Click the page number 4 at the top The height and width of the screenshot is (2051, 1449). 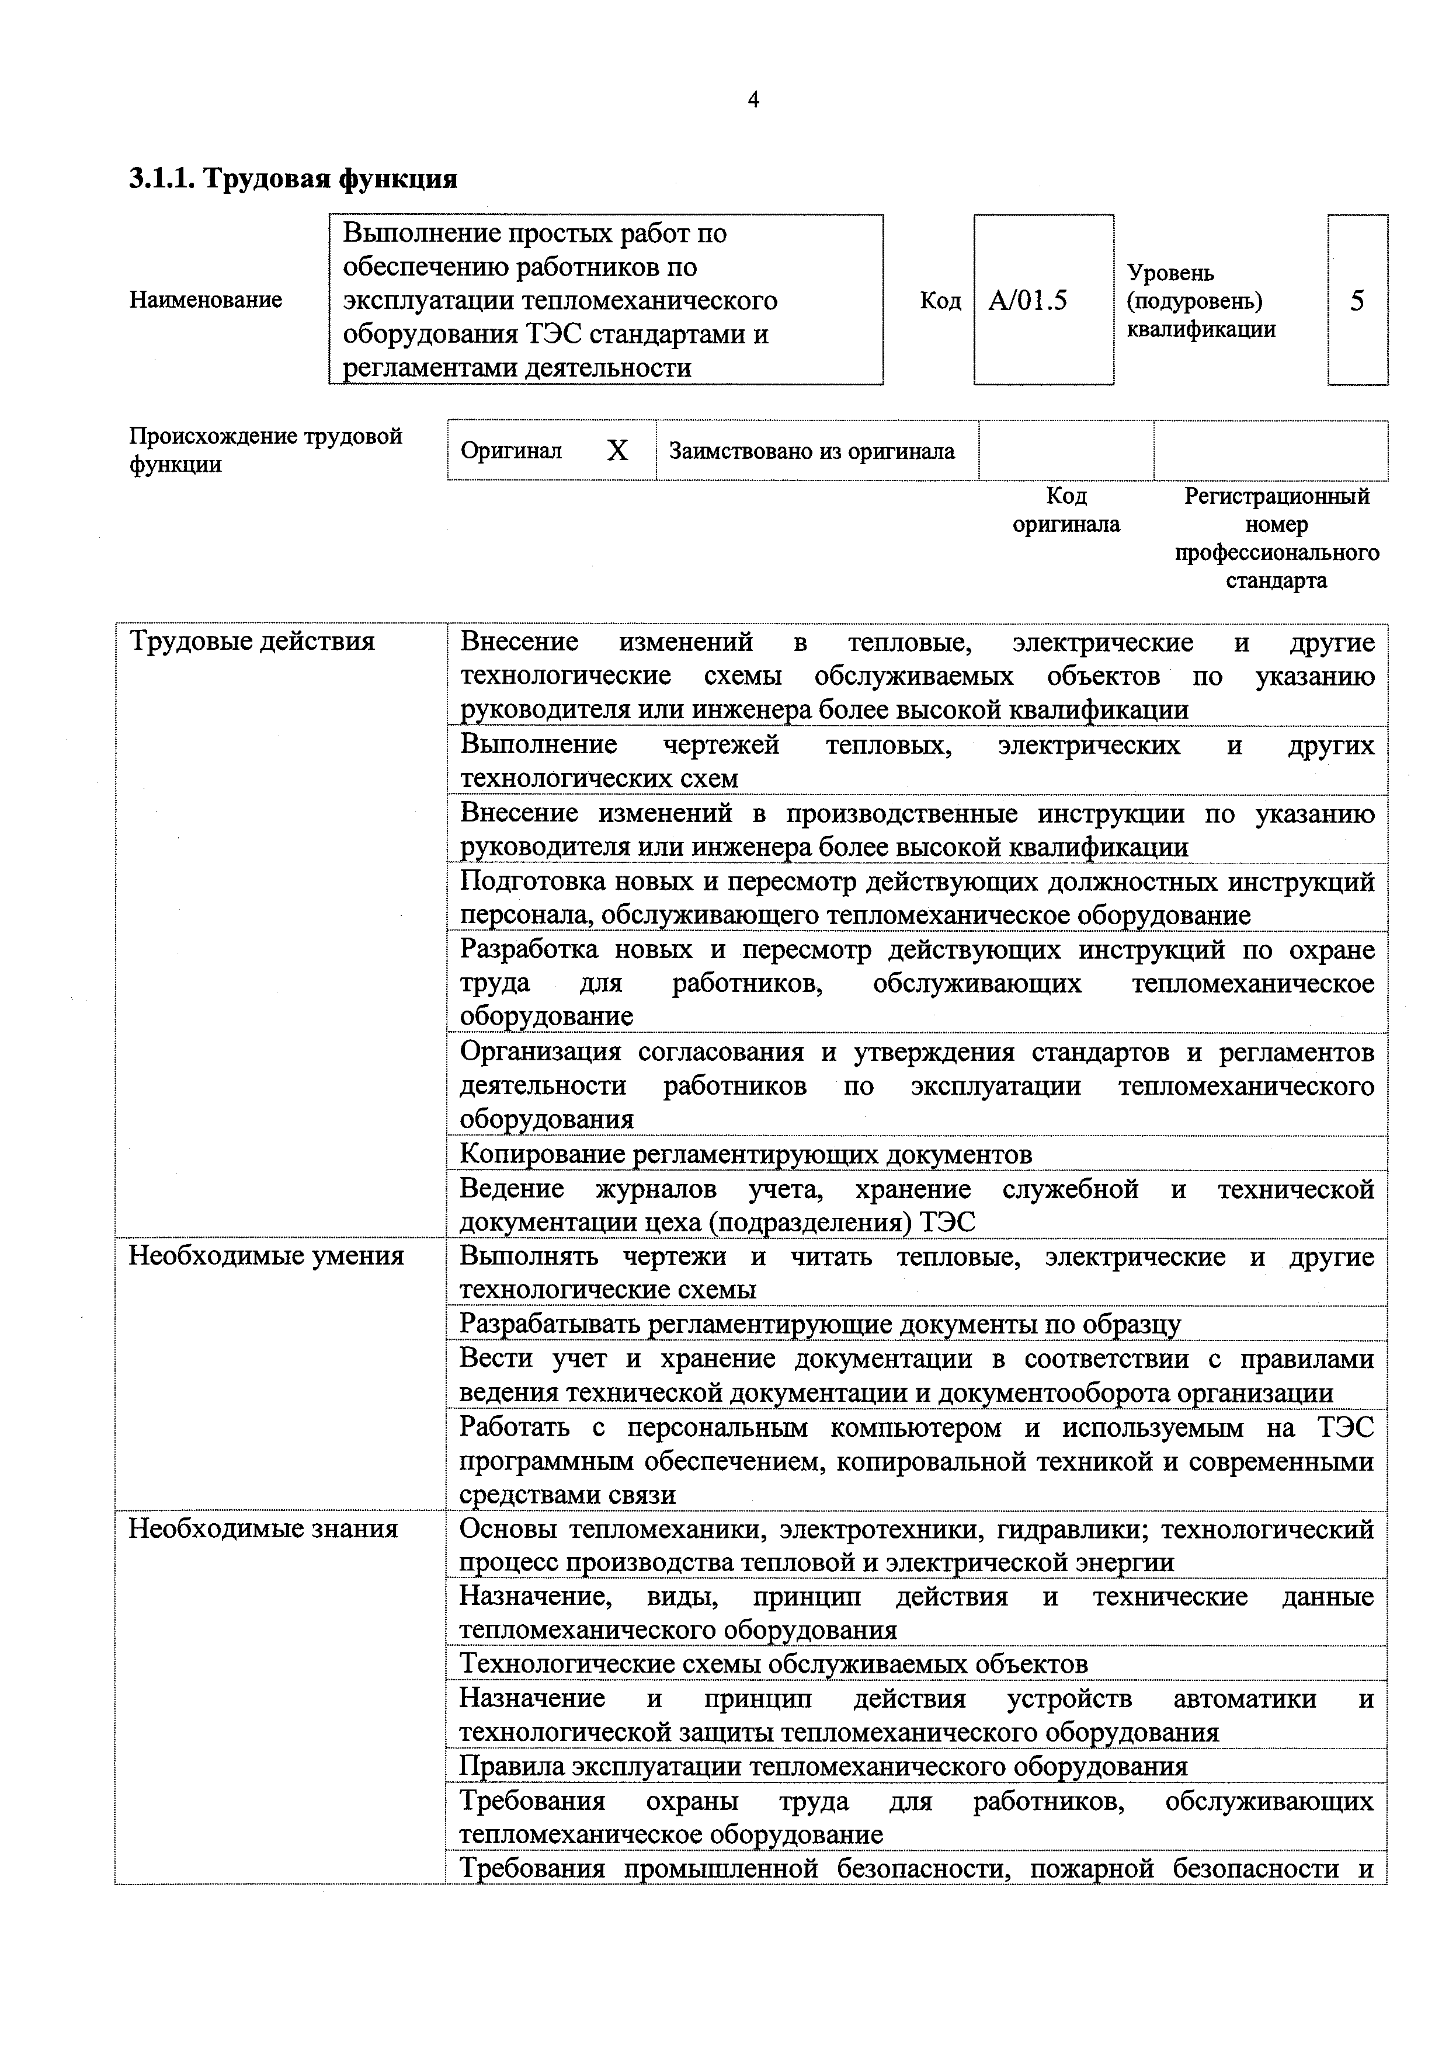tap(753, 100)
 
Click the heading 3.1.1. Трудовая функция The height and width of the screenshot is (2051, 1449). tap(293, 179)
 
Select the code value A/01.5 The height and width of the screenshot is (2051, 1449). tap(1027, 300)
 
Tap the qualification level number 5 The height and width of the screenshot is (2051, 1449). tap(1356, 300)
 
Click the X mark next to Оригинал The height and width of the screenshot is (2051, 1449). tap(617, 450)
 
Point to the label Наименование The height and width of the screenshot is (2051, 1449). tap(206, 300)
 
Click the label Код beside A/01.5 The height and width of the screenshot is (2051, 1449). tap(940, 300)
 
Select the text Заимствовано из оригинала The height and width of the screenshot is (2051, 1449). tap(811, 451)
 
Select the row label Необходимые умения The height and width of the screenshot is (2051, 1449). tap(266, 1256)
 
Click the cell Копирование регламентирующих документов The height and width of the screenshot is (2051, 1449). tap(745, 1154)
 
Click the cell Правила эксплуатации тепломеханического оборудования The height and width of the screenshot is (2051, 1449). tap(823, 1766)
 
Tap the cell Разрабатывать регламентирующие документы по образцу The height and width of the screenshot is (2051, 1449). tap(819, 1324)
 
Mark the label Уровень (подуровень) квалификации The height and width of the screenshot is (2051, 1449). tap(1201, 300)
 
